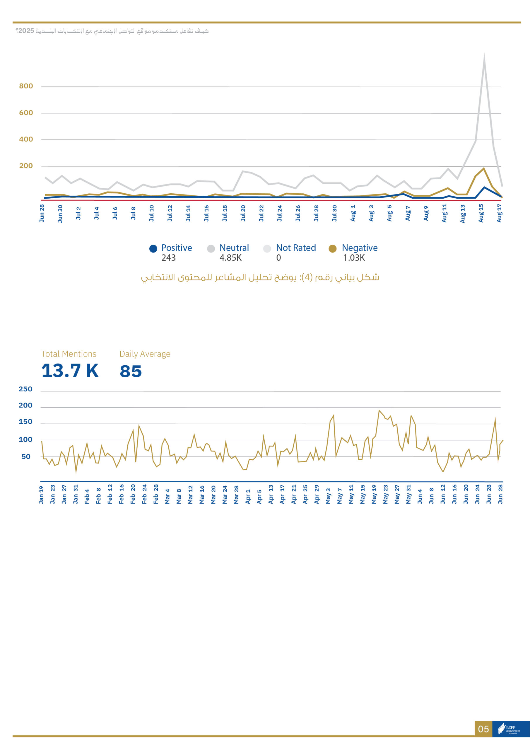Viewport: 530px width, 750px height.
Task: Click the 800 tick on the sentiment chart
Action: (x=26, y=86)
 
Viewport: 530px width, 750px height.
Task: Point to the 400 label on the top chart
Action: (x=26, y=139)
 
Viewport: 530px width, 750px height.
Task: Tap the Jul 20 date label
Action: (x=243, y=213)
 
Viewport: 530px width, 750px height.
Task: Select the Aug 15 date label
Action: (x=481, y=213)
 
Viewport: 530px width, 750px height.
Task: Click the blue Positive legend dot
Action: (x=153, y=249)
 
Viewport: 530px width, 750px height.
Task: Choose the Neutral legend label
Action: (x=234, y=248)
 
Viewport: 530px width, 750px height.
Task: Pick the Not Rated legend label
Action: (x=296, y=248)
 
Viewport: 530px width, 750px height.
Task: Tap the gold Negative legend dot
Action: (x=332, y=249)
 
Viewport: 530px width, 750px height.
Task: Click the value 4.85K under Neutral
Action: (x=230, y=258)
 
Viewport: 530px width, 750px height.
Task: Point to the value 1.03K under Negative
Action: (x=354, y=258)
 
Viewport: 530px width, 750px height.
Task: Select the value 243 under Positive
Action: (x=168, y=258)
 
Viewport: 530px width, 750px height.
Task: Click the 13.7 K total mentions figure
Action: (x=70, y=371)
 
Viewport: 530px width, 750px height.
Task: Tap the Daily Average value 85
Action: (x=131, y=371)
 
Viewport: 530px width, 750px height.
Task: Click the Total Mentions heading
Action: (x=69, y=354)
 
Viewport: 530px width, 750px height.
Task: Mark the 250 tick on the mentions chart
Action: (x=25, y=389)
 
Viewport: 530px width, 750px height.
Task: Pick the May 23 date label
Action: (x=386, y=494)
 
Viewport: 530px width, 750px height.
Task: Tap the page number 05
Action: (x=483, y=729)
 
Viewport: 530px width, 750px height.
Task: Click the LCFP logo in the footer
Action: (x=511, y=729)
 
